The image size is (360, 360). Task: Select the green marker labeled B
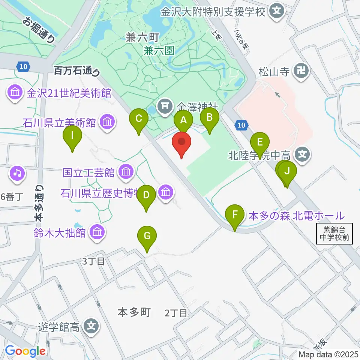(x=210, y=118)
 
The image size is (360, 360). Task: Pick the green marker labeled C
(x=139, y=120)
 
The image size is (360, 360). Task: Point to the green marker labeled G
(x=147, y=237)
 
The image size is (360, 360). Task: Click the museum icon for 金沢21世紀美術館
(x=15, y=92)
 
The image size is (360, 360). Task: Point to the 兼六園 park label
(x=159, y=50)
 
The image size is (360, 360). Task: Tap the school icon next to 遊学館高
(x=91, y=326)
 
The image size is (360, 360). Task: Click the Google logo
(x=25, y=351)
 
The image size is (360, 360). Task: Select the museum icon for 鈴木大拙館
(x=97, y=232)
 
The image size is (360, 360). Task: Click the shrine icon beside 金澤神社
(x=165, y=106)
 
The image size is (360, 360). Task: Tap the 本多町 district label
(x=134, y=312)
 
